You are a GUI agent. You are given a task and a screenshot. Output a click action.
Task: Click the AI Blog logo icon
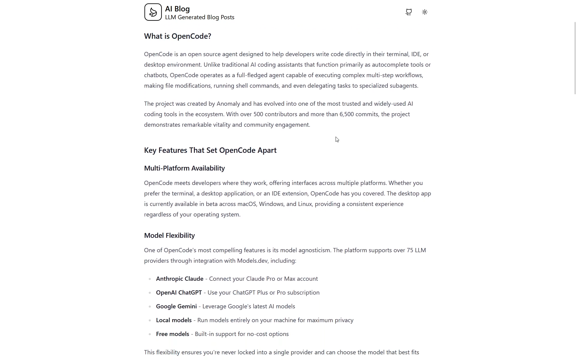153,12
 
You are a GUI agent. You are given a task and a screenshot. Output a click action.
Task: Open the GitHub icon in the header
409,12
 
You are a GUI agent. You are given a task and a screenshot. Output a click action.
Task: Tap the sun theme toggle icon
424,12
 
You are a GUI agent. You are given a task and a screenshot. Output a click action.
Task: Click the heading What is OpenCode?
177,36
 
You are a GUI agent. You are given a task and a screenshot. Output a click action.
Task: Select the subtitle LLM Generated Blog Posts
200,17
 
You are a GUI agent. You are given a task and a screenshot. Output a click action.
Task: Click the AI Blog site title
177,9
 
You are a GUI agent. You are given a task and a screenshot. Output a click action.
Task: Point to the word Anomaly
228,104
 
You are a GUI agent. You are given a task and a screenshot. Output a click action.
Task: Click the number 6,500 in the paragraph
346,114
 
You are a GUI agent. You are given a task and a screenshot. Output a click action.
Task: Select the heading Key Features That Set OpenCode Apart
210,150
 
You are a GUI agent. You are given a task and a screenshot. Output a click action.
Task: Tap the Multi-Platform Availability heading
184,168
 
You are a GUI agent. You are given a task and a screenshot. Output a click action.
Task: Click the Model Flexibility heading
169,236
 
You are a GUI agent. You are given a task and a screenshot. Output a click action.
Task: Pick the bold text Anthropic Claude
179,279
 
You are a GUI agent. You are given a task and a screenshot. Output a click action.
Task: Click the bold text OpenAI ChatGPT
179,293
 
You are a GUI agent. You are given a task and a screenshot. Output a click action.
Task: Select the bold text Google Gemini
176,307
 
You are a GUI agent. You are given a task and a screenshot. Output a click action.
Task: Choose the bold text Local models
173,320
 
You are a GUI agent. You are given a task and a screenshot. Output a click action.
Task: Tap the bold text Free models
172,334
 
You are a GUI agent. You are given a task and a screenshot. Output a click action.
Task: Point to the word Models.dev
252,261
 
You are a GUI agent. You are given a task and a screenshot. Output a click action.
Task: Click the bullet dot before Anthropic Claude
150,279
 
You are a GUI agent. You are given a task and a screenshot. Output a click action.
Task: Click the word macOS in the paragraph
247,204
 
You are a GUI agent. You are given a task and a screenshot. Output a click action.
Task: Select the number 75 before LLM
410,250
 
